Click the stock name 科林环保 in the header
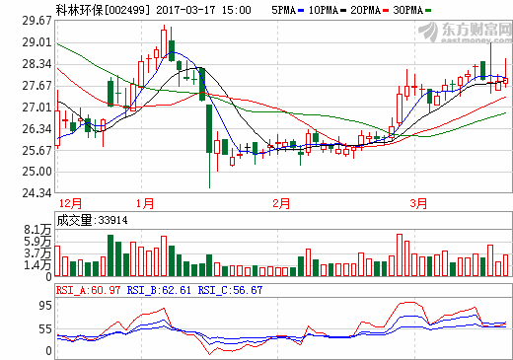click(x=79, y=8)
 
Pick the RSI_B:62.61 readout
click(x=160, y=290)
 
